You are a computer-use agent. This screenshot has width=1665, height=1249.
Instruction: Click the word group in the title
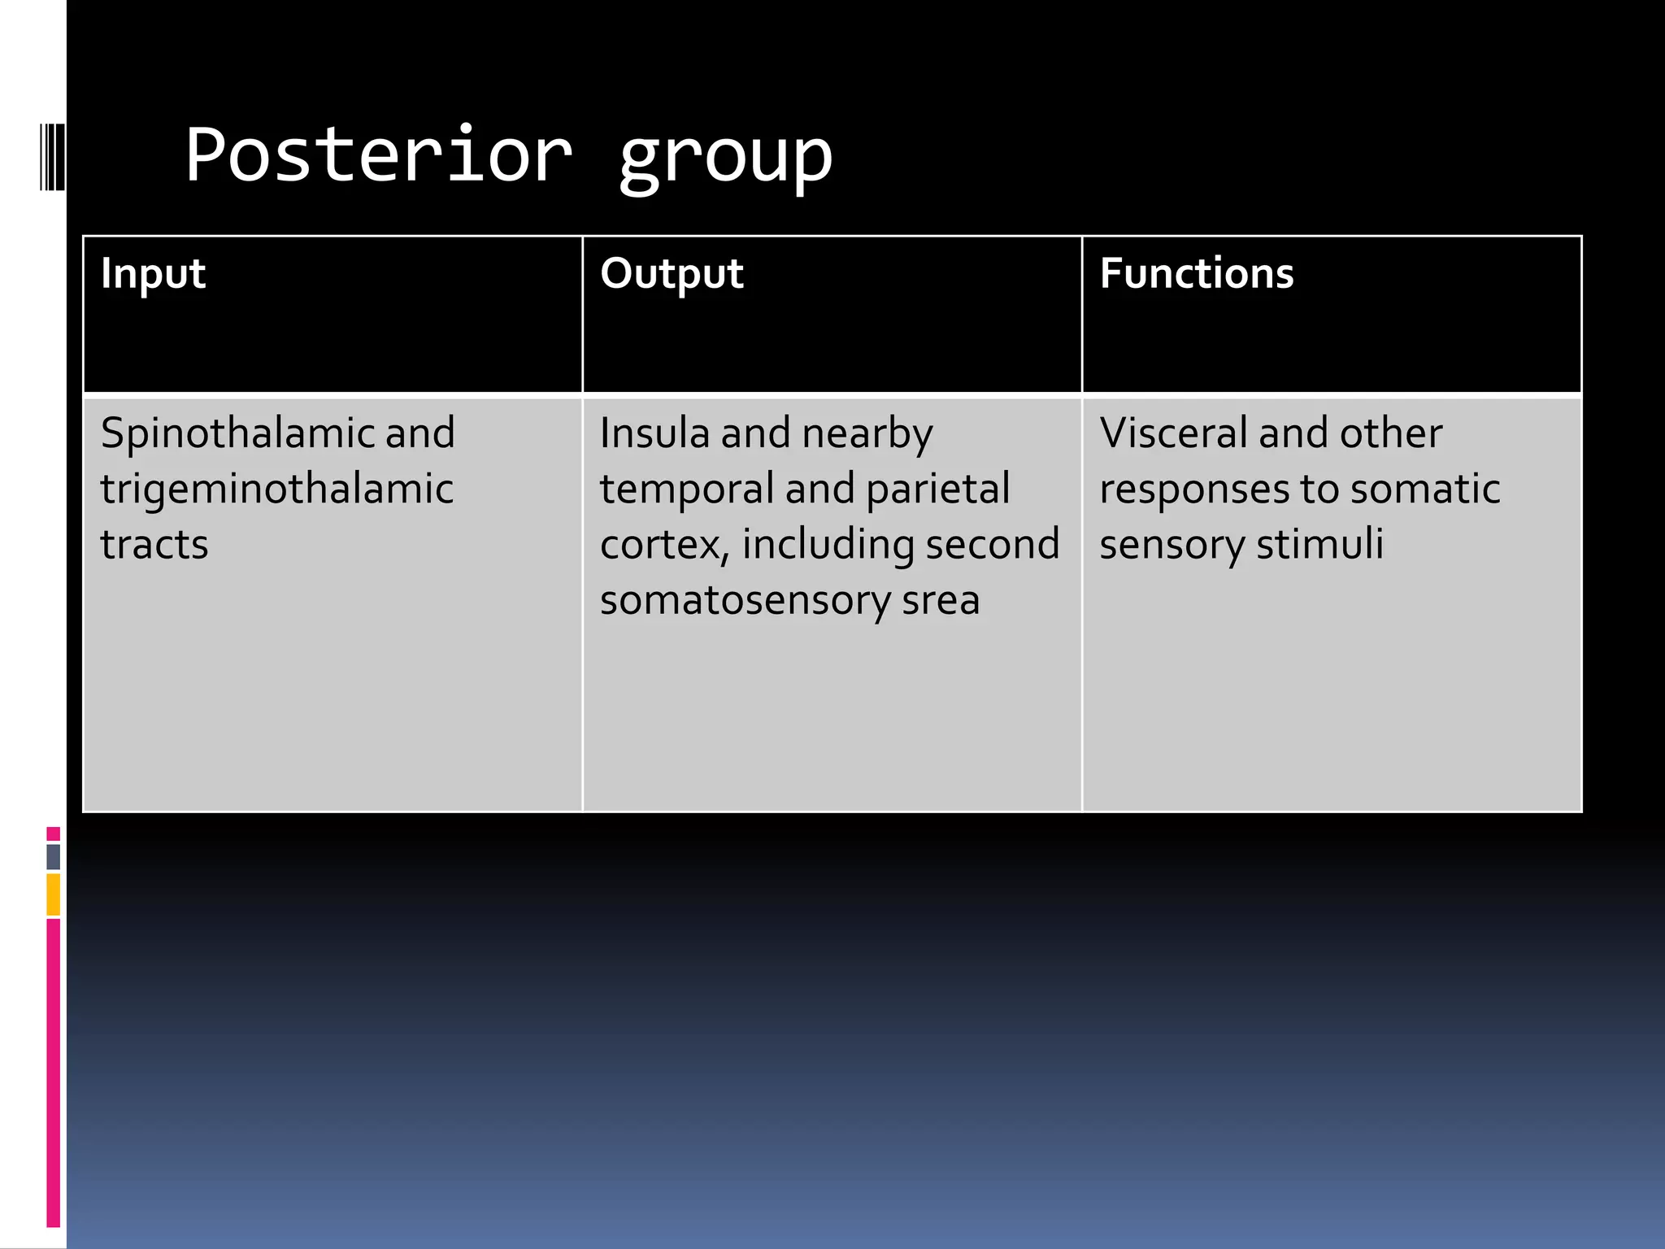(725, 159)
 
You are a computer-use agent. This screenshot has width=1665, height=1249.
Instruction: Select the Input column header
(153, 273)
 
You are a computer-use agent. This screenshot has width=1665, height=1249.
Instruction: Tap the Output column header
(672, 273)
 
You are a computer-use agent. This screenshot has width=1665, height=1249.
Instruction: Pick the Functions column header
(1196, 273)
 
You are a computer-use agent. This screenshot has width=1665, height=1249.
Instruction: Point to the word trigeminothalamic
(276, 490)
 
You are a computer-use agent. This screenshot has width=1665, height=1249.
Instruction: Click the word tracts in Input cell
(154, 544)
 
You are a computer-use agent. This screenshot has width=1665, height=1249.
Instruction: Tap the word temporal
(686, 490)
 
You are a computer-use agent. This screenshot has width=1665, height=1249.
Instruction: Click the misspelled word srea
(941, 600)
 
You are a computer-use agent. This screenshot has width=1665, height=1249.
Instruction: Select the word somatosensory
(745, 602)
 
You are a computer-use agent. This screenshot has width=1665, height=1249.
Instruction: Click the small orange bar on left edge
(53, 894)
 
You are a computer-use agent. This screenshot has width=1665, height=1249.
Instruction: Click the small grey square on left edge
(53, 856)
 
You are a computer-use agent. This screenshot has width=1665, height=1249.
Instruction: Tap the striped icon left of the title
(52, 156)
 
